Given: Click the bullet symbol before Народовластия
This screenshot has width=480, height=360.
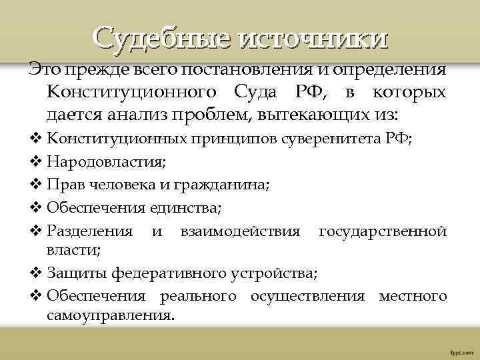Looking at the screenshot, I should point(37,163).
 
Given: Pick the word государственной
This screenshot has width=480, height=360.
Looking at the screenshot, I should point(382,232).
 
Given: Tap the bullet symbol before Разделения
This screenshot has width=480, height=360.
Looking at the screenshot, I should point(37,232).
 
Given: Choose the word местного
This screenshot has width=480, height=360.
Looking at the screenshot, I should point(412,295).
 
